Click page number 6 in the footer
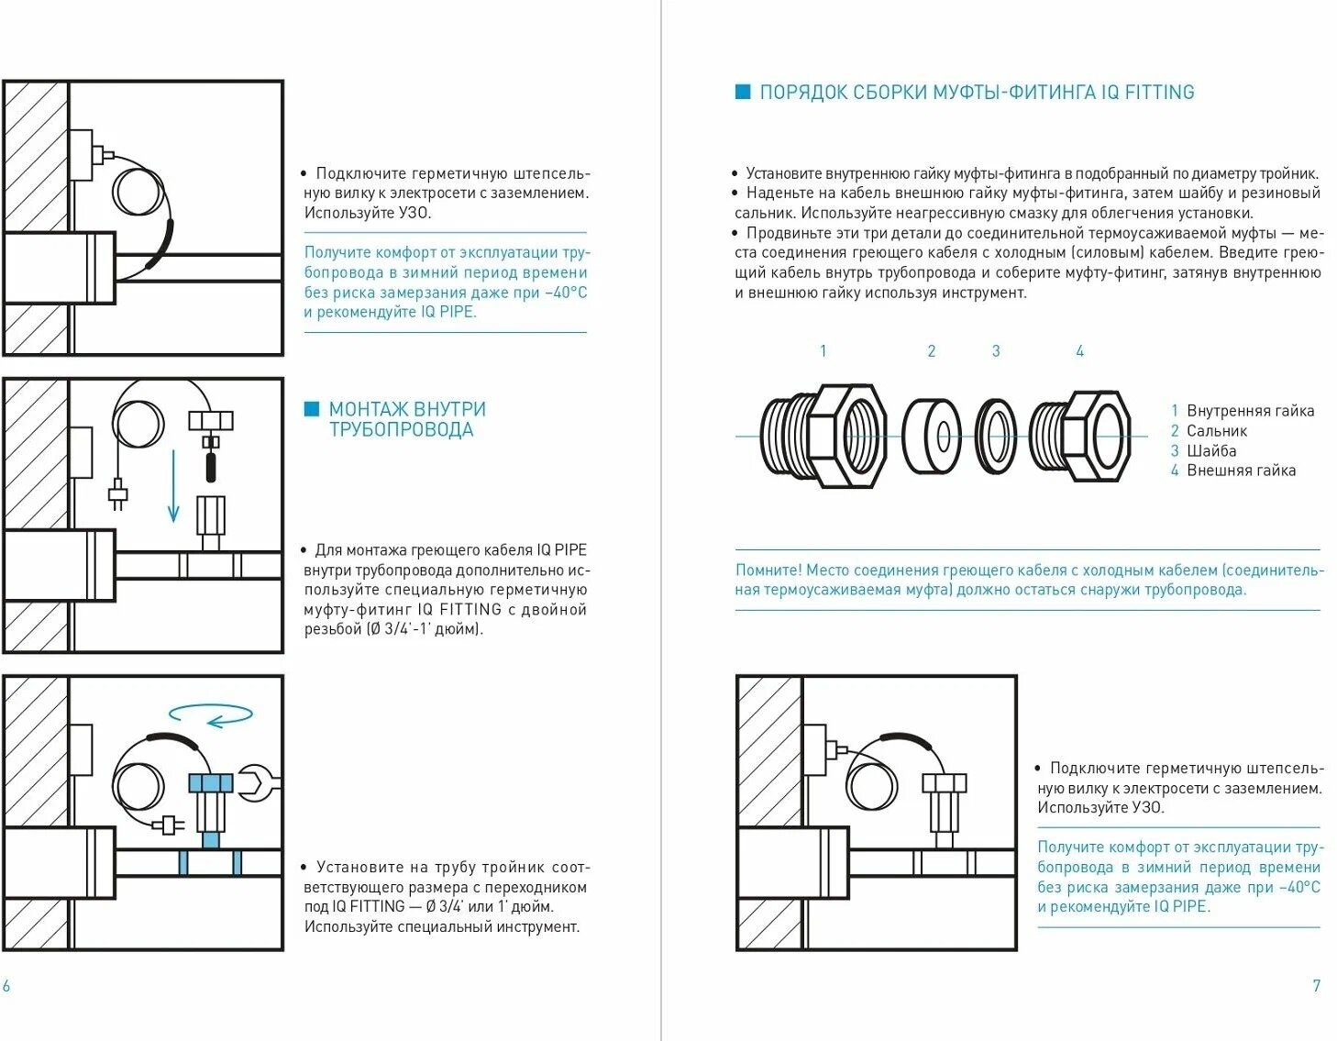[6, 986]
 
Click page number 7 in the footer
[1317, 986]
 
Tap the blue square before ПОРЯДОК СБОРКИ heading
[743, 92]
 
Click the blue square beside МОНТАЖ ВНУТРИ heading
[312, 409]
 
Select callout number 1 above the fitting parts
[823, 351]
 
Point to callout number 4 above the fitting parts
[1080, 351]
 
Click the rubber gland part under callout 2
[932, 436]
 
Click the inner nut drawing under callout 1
[823, 436]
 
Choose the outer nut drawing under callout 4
[1080, 437]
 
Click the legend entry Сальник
[1217, 431]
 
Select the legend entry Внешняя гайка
[1241, 471]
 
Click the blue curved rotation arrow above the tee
[212, 714]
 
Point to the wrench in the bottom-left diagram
[258, 783]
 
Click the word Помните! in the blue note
[768, 570]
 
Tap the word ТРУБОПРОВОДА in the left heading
[401, 430]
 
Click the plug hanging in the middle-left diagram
[118, 495]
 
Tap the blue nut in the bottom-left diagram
[211, 783]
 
